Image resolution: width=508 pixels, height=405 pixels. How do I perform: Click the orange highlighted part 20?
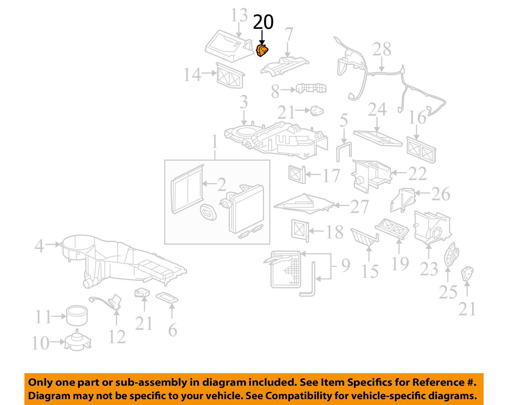click(262, 50)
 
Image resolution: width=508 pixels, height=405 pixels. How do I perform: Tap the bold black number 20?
click(263, 22)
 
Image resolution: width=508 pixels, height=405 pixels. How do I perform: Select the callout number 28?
click(382, 49)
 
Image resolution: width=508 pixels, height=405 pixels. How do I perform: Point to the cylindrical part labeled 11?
click(77, 316)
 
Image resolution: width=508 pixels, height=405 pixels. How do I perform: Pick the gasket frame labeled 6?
click(167, 298)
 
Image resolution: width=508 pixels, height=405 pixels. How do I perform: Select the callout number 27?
click(359, 206)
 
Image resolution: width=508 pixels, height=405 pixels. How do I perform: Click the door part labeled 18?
click(300, 231)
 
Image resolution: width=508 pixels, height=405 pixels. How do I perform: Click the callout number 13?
click(239, 15)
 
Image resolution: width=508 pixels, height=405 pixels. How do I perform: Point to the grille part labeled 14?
click(230, 75)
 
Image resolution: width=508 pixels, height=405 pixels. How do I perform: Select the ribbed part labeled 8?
click(311, 88)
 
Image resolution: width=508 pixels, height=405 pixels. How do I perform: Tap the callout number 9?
click(346, 265)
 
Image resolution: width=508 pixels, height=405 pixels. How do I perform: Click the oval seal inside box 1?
click(208, 212)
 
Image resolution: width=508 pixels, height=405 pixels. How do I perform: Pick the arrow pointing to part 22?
click(399, 173)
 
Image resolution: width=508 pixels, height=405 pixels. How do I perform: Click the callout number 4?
click(39, 246)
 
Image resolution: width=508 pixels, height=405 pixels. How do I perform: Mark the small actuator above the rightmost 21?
click(467, 274)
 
